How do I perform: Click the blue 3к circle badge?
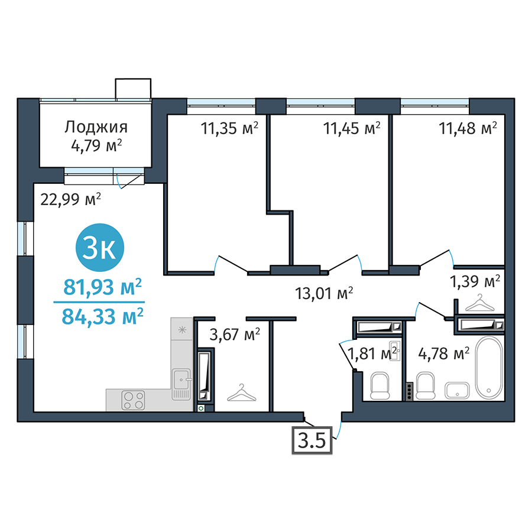(100, 247)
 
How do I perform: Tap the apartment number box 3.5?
(312, 440)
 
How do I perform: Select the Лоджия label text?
(96, 127)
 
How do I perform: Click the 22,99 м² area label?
(70, 199)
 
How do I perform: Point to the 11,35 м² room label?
(229, 128)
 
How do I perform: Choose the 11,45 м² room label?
(352, 128)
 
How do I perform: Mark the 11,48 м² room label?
(468, 128)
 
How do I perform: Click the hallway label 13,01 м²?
(324, 293)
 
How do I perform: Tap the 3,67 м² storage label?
(235, 335)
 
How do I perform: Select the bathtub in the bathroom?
(489, 368)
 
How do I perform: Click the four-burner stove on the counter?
(134, 400)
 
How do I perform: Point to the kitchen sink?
(181, 384)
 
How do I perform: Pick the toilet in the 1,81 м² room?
(379, 386)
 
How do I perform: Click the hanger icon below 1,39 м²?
(479, 303)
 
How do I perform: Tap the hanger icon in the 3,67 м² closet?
(242, 392)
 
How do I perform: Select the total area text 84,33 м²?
(102, 316)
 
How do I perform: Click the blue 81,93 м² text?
(102, 287)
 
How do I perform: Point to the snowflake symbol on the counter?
(183, 329)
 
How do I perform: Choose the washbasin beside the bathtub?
(458, 391)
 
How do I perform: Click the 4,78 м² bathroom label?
(444, 353)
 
